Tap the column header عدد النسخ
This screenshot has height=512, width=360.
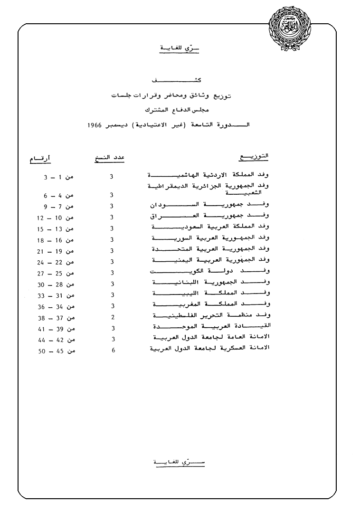coord(109,158)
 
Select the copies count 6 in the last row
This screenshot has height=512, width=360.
coord(113,351)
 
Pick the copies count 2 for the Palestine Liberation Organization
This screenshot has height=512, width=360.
coord(113,317)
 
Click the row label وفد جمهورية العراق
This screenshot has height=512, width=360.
coord(210,216)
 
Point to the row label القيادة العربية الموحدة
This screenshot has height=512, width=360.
coord(210,327)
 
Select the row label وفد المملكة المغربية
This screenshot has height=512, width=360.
coord(210,304)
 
